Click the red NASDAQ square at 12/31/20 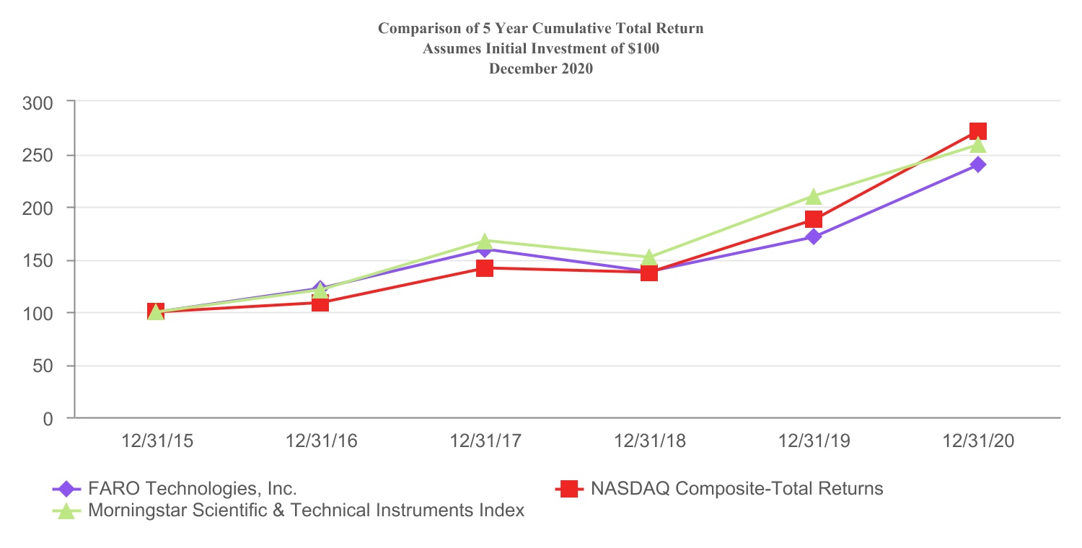coord(977,131)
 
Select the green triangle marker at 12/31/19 coord(813,196)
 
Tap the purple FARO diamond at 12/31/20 coord(977,164)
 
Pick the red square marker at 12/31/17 coord(484,268)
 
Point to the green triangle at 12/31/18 coord(648,257)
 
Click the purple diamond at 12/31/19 coord(813,237)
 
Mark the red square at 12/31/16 coord(320,303)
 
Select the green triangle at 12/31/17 coord(484,240)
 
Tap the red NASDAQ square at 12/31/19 coord(813,219)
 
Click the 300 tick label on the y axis coord(38,102)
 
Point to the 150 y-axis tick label coord(38,260)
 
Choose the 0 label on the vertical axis coord(48,418)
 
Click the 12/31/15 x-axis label coord(157,441)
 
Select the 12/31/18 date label coord(650,441)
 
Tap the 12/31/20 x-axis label coord(979,441)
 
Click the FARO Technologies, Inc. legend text coord(192,489)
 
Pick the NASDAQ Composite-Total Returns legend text coord(736,489)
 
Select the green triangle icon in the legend coord(66,511)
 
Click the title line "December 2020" coord(540,69)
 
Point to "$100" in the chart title coord(643,49)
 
